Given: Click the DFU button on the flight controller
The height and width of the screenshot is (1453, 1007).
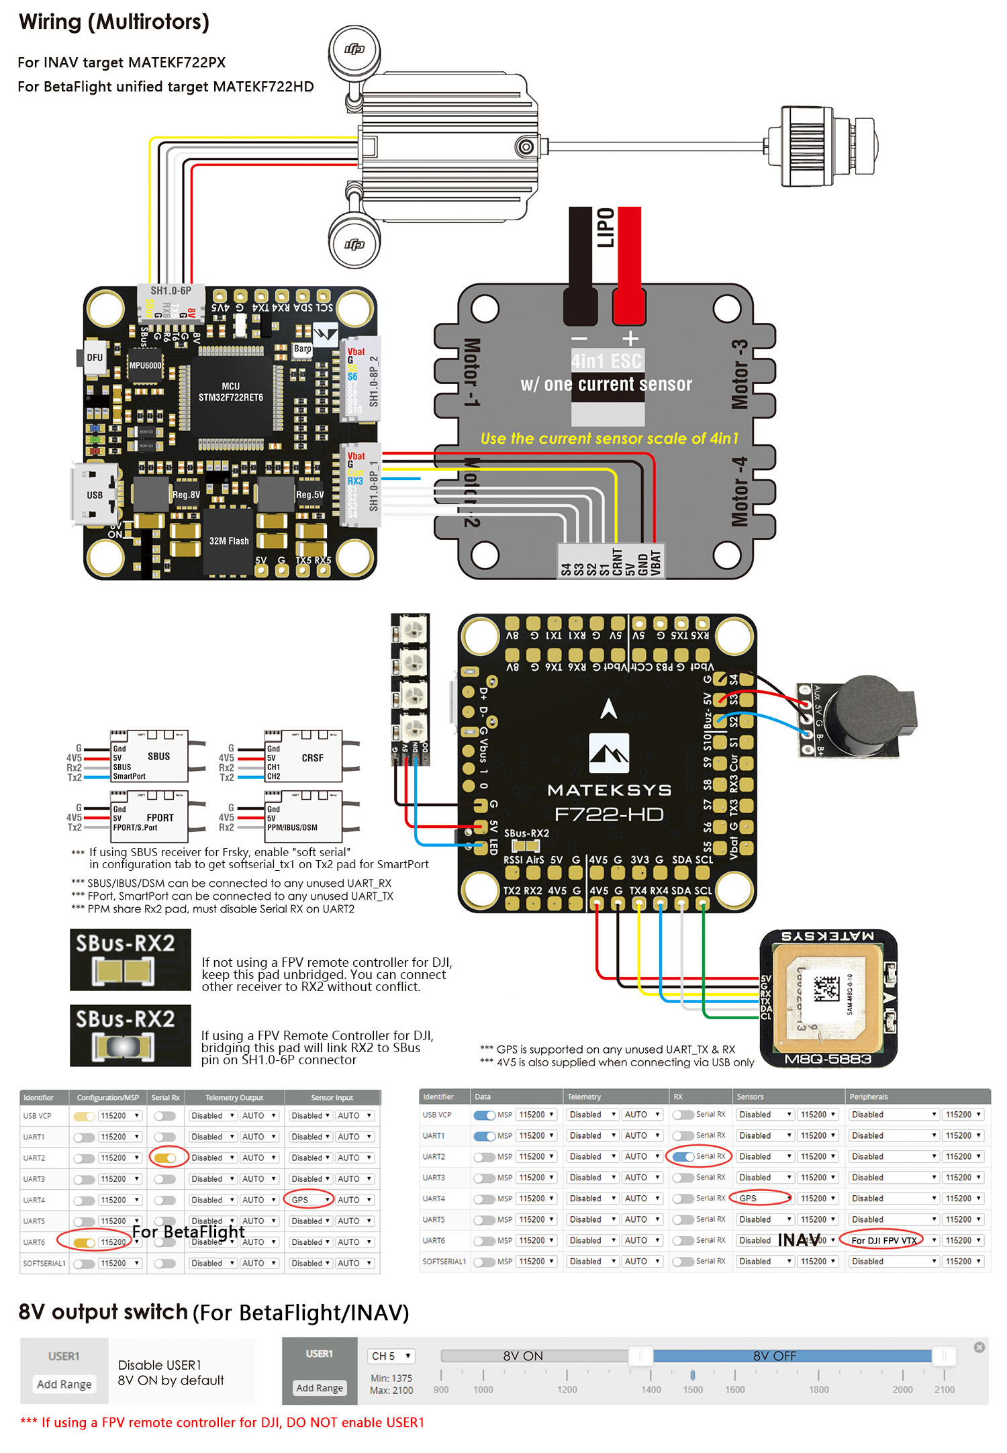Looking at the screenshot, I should tap(93, 357).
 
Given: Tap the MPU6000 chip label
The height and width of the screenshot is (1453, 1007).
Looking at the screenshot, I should tap(145, 365).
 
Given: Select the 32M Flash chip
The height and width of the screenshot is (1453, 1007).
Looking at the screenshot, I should tap(228, 541).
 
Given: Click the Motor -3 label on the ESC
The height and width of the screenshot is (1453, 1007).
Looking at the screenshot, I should tap(739, 374).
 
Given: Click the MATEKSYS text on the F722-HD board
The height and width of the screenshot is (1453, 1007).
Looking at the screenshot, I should tap(609, 790).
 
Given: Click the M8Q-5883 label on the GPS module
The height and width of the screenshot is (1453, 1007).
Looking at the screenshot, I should tap(828, 1059).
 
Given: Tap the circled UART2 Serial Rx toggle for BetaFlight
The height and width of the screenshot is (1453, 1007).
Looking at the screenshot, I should tap(165, 1158).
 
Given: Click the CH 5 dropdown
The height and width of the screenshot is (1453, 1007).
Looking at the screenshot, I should tap(391, 1356).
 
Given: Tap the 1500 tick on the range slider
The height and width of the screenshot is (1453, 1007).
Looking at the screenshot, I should tap(693, 1374).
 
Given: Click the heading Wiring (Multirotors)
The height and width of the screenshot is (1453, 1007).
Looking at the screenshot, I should tap(114, 22).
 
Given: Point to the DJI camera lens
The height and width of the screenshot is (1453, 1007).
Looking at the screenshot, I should tap(866, 146).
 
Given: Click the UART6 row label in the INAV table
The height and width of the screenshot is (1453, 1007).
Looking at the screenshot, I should tap(434, 1240).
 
